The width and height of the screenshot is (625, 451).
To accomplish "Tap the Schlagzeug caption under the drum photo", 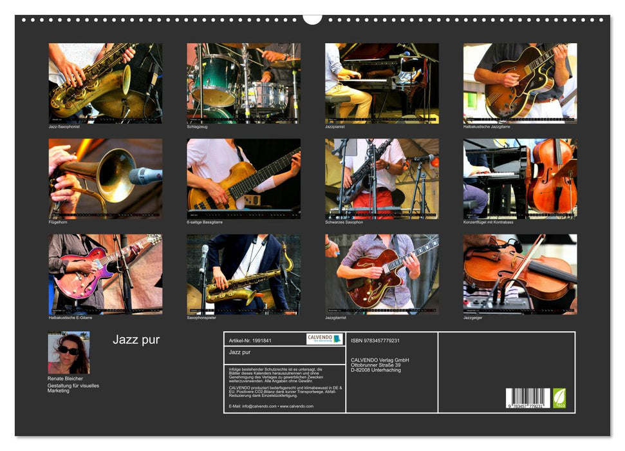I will [x=198, y=127].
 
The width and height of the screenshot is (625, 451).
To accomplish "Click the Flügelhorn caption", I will [x=58, y=222].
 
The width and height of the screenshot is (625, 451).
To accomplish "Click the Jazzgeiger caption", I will [x=473, y=318].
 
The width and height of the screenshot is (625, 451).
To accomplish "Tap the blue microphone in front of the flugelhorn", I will [x=145, y=175].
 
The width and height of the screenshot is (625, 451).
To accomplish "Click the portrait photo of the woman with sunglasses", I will [x=68, y=352].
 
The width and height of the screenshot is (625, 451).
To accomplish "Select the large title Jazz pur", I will [x=136, y=340].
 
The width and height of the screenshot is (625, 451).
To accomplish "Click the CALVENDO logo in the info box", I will [x=324, y=339].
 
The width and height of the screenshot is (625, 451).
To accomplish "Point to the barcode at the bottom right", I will [x=528, y=398].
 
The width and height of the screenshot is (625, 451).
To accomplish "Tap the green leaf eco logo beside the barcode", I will [x=560, y=397].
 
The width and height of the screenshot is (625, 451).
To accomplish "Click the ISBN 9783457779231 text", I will [x=375, y=340].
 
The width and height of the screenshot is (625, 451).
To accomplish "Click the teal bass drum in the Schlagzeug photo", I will [x=215, y=82].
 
